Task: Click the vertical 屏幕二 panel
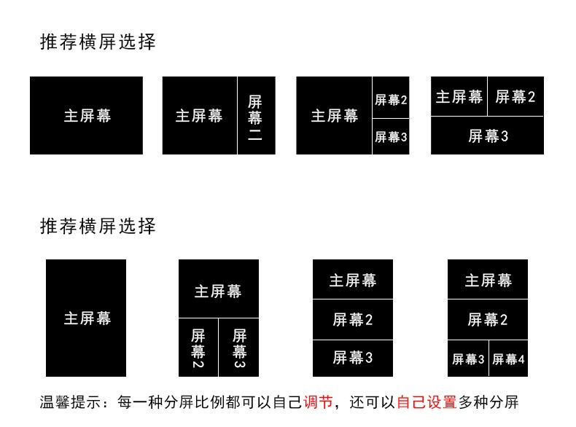256,115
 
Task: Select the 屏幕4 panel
508,359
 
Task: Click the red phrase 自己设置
426,401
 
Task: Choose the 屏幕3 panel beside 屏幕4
468,359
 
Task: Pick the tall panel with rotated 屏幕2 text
198,347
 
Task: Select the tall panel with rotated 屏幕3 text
239,347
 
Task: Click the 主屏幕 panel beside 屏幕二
199,115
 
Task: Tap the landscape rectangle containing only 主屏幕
86,115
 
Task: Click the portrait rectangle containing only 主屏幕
86,318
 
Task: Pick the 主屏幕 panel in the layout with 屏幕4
488,279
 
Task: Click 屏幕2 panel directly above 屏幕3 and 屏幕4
488,319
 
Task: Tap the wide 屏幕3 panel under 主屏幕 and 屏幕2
487,136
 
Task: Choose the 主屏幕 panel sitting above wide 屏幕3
459,96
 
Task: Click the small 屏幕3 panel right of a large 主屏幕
391,136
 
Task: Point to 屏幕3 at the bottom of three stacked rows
353,358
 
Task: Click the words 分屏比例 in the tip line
214,401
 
